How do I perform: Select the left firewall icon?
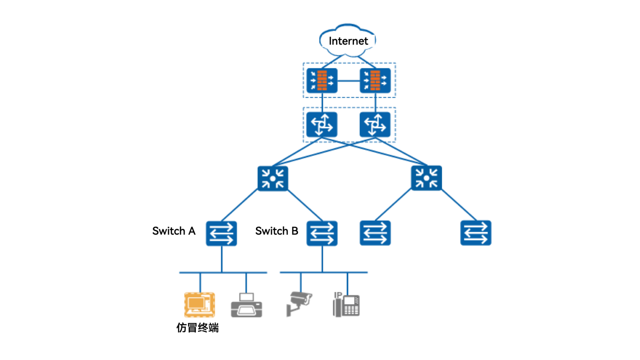click(322, 80)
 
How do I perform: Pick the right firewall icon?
click(375, 80)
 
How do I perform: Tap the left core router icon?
click(322, 124)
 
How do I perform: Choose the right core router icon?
click(375, 124)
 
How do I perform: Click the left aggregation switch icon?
click(273, 178)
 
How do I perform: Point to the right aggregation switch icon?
click(426, 178)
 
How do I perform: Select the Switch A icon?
click(221, 233)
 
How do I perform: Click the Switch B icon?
click(322, 233)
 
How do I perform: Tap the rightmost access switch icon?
click(476, 233)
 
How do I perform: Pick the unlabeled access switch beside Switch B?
click(375, 233)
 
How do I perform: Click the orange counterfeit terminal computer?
click(200, 305)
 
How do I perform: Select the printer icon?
click(246, 306)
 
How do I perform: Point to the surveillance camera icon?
click(299, 304)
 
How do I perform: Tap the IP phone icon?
click(346, 305)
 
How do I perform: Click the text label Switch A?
click(174, 231)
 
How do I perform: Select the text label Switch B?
click(276, 231)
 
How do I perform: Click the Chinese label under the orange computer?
click(198, 328)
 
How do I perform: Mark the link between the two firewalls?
click(348, 81)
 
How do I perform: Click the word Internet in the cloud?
click(348, 41)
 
